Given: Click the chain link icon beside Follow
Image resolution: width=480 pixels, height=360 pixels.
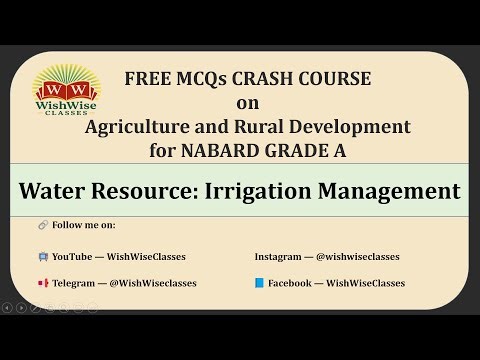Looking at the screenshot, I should click(x=42, y=224).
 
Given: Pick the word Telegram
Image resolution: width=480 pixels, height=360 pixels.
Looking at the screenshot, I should click(x=72, y=283).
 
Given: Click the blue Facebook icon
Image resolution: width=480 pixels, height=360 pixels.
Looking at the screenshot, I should click(x=260, y=283).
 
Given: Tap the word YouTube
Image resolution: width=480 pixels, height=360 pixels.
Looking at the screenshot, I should click(x=71, y=257).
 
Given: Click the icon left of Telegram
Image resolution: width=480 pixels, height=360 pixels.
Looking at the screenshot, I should click(x=42, y=283).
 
